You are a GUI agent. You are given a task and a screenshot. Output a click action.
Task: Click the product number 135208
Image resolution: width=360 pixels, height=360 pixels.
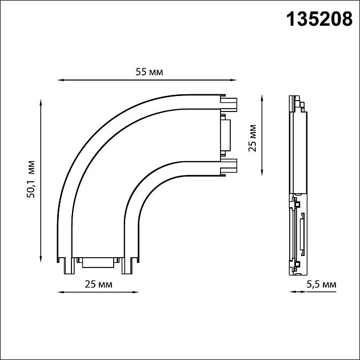coord(319,19)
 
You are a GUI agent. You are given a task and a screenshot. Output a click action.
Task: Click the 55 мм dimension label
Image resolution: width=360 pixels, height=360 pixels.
coord(149,72)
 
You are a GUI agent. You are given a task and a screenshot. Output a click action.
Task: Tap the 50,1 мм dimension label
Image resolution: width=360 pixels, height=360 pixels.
coord(30,179)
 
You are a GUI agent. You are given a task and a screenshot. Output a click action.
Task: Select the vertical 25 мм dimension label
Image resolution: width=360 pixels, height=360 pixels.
coord(252,138)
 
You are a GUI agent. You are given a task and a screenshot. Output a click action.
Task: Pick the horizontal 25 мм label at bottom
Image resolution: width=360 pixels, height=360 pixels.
coord(98,284)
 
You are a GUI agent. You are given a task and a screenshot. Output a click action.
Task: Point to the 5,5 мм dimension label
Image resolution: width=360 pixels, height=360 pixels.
coord(321,285)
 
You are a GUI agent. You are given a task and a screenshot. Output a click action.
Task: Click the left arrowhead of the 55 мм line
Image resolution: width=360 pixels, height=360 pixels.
coord(60,80)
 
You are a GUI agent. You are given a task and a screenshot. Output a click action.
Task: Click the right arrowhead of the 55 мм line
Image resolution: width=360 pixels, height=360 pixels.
coord(234,80)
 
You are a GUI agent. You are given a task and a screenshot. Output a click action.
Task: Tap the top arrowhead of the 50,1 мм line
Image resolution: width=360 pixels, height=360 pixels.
coord(41,102)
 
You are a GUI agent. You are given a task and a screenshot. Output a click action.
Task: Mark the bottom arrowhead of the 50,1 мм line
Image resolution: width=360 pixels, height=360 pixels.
coord(41,259)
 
